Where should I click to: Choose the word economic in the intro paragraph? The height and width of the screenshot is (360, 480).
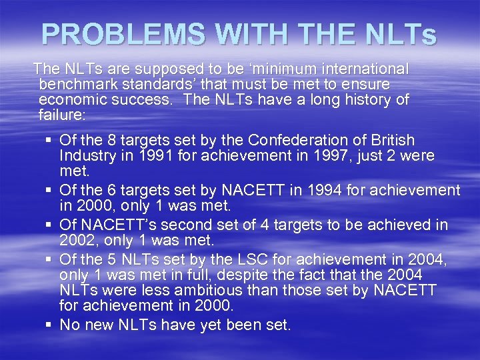point(75,100)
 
